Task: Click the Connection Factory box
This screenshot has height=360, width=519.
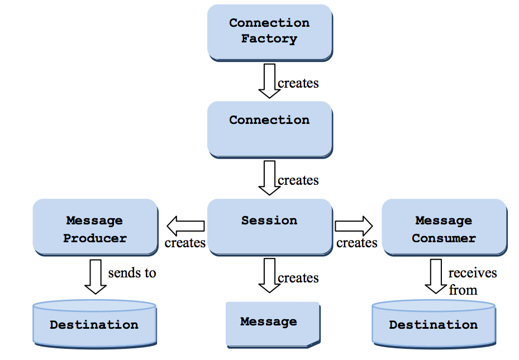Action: point(269,32)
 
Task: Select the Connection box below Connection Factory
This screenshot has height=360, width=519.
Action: point(269,129)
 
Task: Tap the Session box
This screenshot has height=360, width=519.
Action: point(269,227)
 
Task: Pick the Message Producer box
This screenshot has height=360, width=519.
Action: point(95,227)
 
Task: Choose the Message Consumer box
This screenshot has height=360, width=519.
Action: point(444,227)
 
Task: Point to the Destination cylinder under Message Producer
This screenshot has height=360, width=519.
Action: point(94,323)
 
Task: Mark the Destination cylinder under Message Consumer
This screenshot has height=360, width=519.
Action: point(434,323)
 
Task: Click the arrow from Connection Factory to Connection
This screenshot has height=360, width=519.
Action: point(269,81)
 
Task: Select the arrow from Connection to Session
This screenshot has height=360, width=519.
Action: point(269,178)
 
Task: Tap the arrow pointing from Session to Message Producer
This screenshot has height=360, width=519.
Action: point(185,226)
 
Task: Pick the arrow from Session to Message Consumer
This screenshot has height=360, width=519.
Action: point(354,226)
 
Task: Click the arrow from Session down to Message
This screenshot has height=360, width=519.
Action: point(269,275)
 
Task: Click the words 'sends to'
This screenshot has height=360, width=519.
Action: point(132,273)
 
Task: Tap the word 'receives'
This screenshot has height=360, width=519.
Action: point(472,273)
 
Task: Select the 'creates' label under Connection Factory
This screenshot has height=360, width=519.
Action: point(298,83)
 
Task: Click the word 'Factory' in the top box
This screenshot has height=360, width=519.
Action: point(269,39)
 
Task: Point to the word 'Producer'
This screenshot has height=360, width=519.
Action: point(95,238)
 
